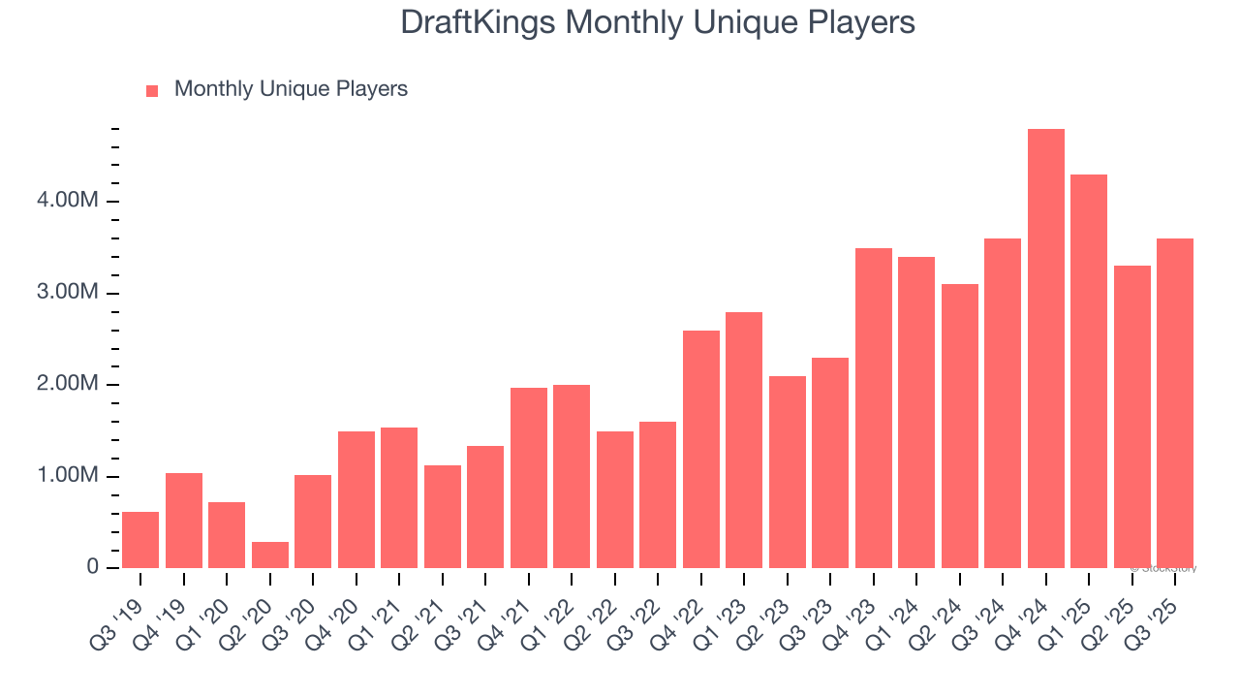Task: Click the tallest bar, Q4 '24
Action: click(x=1045, y=349)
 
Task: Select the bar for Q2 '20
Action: click(x=270, y=555)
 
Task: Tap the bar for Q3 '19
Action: click(x=140, y=540)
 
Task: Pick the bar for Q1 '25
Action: click(x=1089, y=371)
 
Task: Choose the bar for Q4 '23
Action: click(x=874, y=408)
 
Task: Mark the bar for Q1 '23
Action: click(x=744, y=440)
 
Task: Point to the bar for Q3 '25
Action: click(x=1175, y=403)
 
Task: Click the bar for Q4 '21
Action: click(x=529, y=478)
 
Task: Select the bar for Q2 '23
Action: click(x=788, y=472)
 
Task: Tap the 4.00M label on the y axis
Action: click(x=69, y=201)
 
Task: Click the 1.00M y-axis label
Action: click(x=69, y=476)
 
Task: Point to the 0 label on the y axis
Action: click(x=93, y=567)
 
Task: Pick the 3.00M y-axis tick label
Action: click(x=69, y=293)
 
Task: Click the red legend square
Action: click(x=152, y=91)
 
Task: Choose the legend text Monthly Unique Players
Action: click(x=291, y=89)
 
